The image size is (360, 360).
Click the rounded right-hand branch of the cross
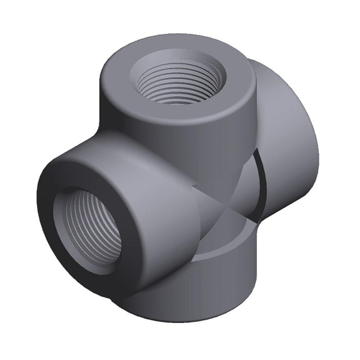288,135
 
